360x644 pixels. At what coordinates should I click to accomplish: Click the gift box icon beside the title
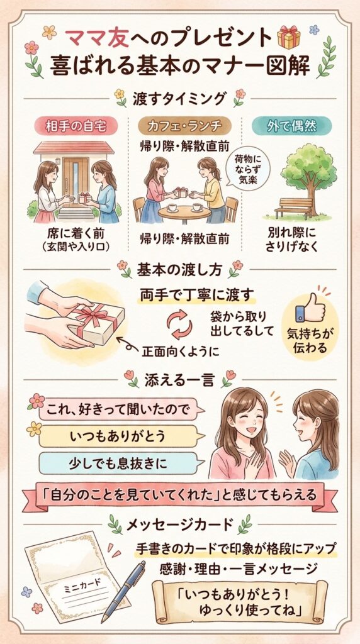(x=289, y=38)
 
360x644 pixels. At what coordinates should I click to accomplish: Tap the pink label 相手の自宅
(x=74, y=126)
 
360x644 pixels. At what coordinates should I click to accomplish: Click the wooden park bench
(x=294, y=208)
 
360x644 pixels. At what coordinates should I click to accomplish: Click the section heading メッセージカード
(x=180, y=523)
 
